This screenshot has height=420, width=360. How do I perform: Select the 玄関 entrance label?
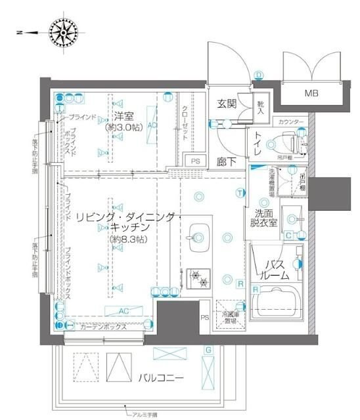pos(227,104)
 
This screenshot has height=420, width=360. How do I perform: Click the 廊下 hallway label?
pos(227,161)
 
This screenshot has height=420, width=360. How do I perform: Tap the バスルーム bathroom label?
pos(276,270)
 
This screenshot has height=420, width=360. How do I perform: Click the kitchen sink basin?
pos(196,235)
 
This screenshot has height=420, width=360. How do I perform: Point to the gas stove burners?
pos(198,279)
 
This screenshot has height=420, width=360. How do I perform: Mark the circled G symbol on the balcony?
pos(208,350)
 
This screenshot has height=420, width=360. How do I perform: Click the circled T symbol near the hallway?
pos(240,192)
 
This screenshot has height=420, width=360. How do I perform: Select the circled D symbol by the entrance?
pos(259,74)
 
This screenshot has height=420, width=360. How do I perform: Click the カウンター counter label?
pos(290,122)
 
